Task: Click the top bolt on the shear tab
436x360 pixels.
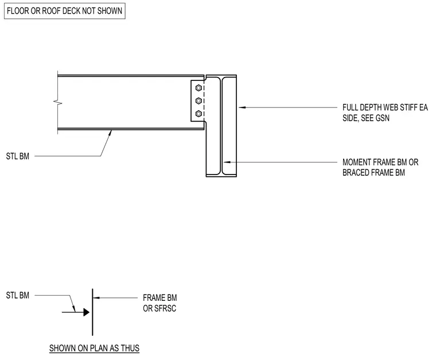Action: (x=198, y=88)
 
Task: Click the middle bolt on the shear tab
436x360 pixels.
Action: (x=198, y=100)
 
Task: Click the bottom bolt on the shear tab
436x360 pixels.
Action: (x=198, y=114)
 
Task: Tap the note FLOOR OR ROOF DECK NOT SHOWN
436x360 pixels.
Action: (x=64, y=11)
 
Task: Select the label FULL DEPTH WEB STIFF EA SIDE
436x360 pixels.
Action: (x=385, y=113)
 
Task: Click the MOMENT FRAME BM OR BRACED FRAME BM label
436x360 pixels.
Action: (x=380, y=167)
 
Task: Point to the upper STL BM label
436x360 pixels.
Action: (x=18, y=156)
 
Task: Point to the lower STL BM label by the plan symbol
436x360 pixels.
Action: (x=18, y=295)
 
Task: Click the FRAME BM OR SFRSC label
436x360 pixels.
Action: (x=160, y=303)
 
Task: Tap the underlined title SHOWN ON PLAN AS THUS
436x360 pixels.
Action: (x=94, y=348)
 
